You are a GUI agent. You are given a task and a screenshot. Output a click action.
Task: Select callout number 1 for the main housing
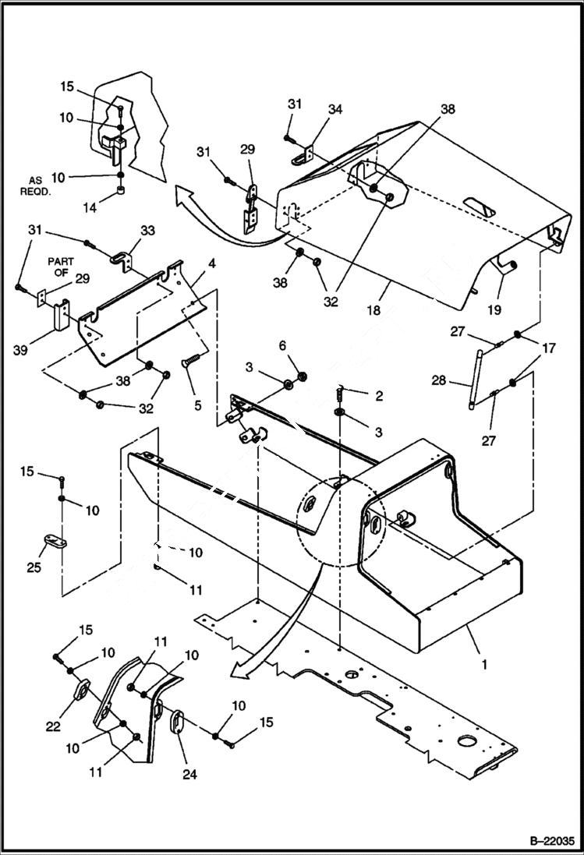[x=484, y=665]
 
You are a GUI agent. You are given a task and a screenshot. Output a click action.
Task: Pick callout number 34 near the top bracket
[x=334, y=110]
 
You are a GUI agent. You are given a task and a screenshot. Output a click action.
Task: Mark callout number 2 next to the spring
[x=379, y=396]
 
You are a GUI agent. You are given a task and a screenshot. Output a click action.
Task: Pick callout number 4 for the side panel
[x=211, y=263]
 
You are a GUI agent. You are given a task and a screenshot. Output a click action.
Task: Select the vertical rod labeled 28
[x=473, y=379]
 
